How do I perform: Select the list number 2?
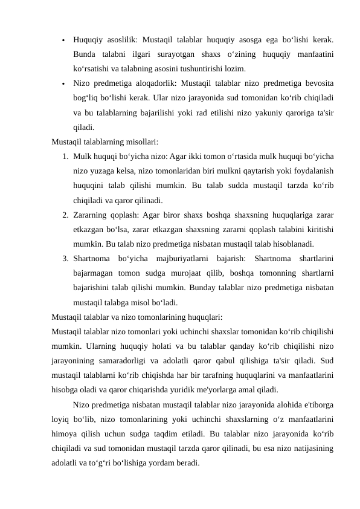point(65,215)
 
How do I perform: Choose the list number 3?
point(65,259)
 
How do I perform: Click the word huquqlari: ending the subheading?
point(204,317)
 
